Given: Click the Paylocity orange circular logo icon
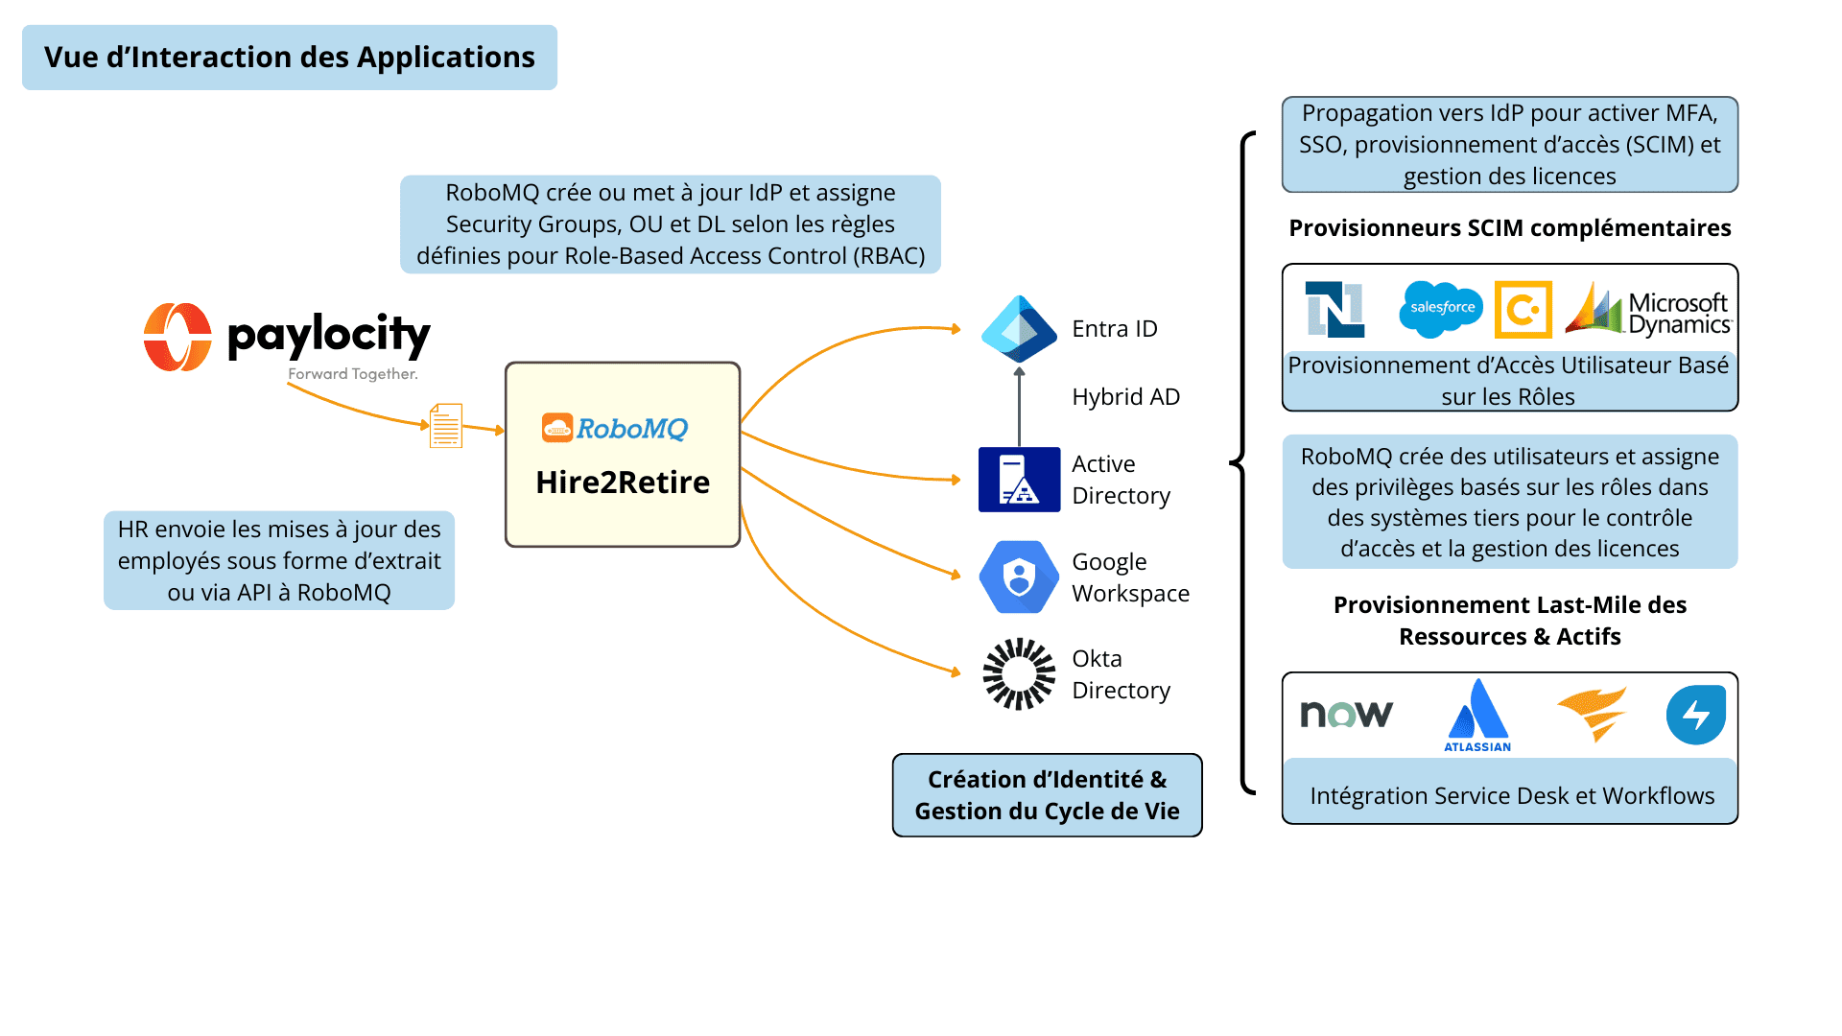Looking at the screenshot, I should (177, 337).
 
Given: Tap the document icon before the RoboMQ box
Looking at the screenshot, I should (445, 425).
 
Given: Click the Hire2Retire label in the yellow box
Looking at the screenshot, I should (623, 482).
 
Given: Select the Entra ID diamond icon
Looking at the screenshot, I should (1019, 329).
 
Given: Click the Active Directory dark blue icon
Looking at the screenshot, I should (1019, 480).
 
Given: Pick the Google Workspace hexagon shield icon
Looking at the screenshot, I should (1019, 577).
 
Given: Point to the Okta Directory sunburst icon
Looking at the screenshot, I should (1019, 673).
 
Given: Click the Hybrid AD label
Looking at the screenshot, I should (1125, 397).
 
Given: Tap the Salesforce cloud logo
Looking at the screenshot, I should (1441, 309).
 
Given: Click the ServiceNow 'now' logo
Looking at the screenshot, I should (1346, 714).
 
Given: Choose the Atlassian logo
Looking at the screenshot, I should (1477, 716).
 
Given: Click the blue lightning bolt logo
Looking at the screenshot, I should (1695, 715).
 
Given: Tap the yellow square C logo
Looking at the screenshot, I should (1523, 310).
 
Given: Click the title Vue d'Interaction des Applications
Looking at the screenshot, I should (290, 58).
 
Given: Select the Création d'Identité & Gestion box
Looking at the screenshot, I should (1047, 795).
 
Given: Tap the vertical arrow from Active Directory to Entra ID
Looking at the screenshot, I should (1019, 408).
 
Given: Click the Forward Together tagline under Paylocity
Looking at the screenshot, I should (353, 374).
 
